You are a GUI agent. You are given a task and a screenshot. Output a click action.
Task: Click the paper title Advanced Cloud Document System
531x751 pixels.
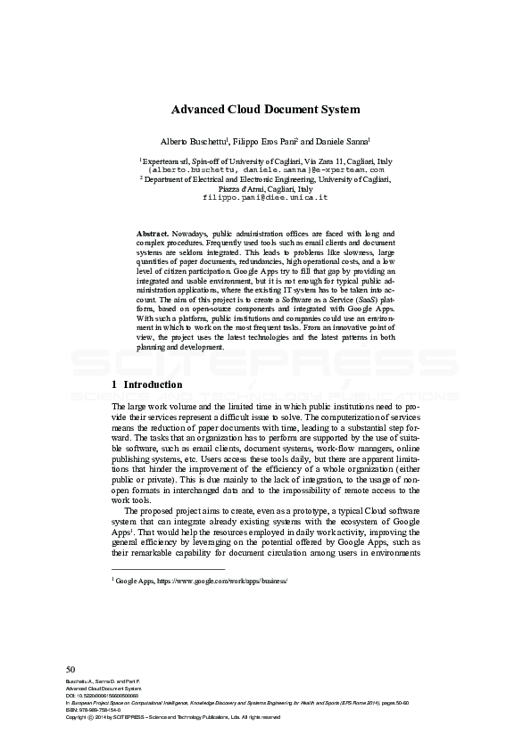(x=265, y=110)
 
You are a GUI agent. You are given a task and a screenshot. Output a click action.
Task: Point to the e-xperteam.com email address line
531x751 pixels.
(x=265, y=168)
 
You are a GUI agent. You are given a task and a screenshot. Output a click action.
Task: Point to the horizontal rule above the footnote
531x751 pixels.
(x=167, y=568)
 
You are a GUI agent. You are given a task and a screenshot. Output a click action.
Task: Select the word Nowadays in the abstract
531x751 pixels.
(x=193, y=232)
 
